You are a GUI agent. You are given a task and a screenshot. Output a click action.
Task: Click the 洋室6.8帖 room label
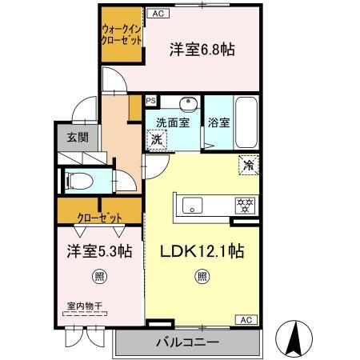(x=202, y=50)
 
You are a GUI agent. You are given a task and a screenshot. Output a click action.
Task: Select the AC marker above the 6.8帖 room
(x=157, y=13)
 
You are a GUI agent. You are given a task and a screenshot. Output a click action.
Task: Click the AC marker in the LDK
(x=247, y=320)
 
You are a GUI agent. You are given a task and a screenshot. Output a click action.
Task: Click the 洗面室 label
(x=171, y=123)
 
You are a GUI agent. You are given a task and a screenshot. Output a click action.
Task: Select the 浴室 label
(x=219, y=123)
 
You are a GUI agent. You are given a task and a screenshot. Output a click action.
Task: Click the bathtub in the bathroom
(x=245, y=122)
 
